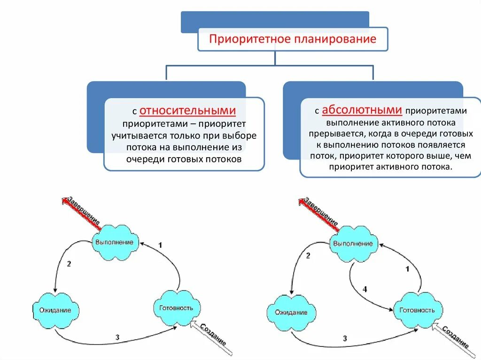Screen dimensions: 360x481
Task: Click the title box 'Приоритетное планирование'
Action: click(292, 39)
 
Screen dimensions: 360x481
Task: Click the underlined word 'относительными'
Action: click(187, 111)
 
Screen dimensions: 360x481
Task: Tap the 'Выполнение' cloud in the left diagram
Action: click(114, 243)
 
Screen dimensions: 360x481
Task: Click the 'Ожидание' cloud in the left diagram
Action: click(55, 310)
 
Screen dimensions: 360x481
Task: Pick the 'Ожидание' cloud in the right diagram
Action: click(291, 312)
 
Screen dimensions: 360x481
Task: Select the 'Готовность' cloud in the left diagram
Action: click(177, 308)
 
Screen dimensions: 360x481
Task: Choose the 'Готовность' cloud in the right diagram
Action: click(417, 310)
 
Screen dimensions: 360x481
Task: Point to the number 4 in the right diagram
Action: click(365, 290)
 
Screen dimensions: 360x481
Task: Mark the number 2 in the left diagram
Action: click(69, 264)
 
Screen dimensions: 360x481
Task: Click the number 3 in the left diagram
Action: click(117, 337)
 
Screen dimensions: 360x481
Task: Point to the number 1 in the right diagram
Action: click(407, 269)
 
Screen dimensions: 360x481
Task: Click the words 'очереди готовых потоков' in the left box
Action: click(184, 159)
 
